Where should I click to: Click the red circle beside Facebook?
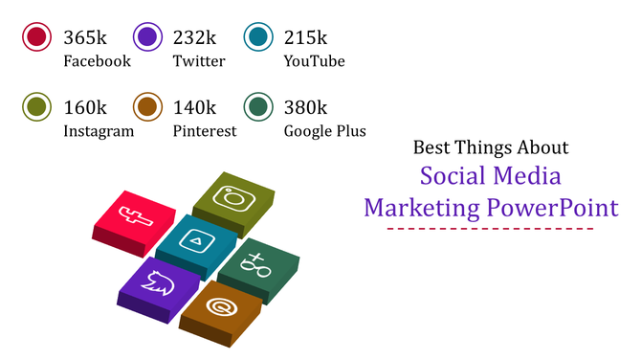36,37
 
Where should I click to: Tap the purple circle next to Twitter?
147,37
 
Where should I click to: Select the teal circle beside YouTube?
258,37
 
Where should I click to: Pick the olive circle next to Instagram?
36,107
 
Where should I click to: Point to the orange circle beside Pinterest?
147,107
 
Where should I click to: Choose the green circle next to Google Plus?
258,107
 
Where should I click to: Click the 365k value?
85,37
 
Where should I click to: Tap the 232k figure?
194,37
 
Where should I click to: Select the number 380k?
305,107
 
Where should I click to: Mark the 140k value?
194,107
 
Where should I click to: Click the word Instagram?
99,131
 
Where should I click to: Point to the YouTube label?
314,61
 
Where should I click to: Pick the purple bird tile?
159,281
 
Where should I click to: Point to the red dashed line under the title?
490,229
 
